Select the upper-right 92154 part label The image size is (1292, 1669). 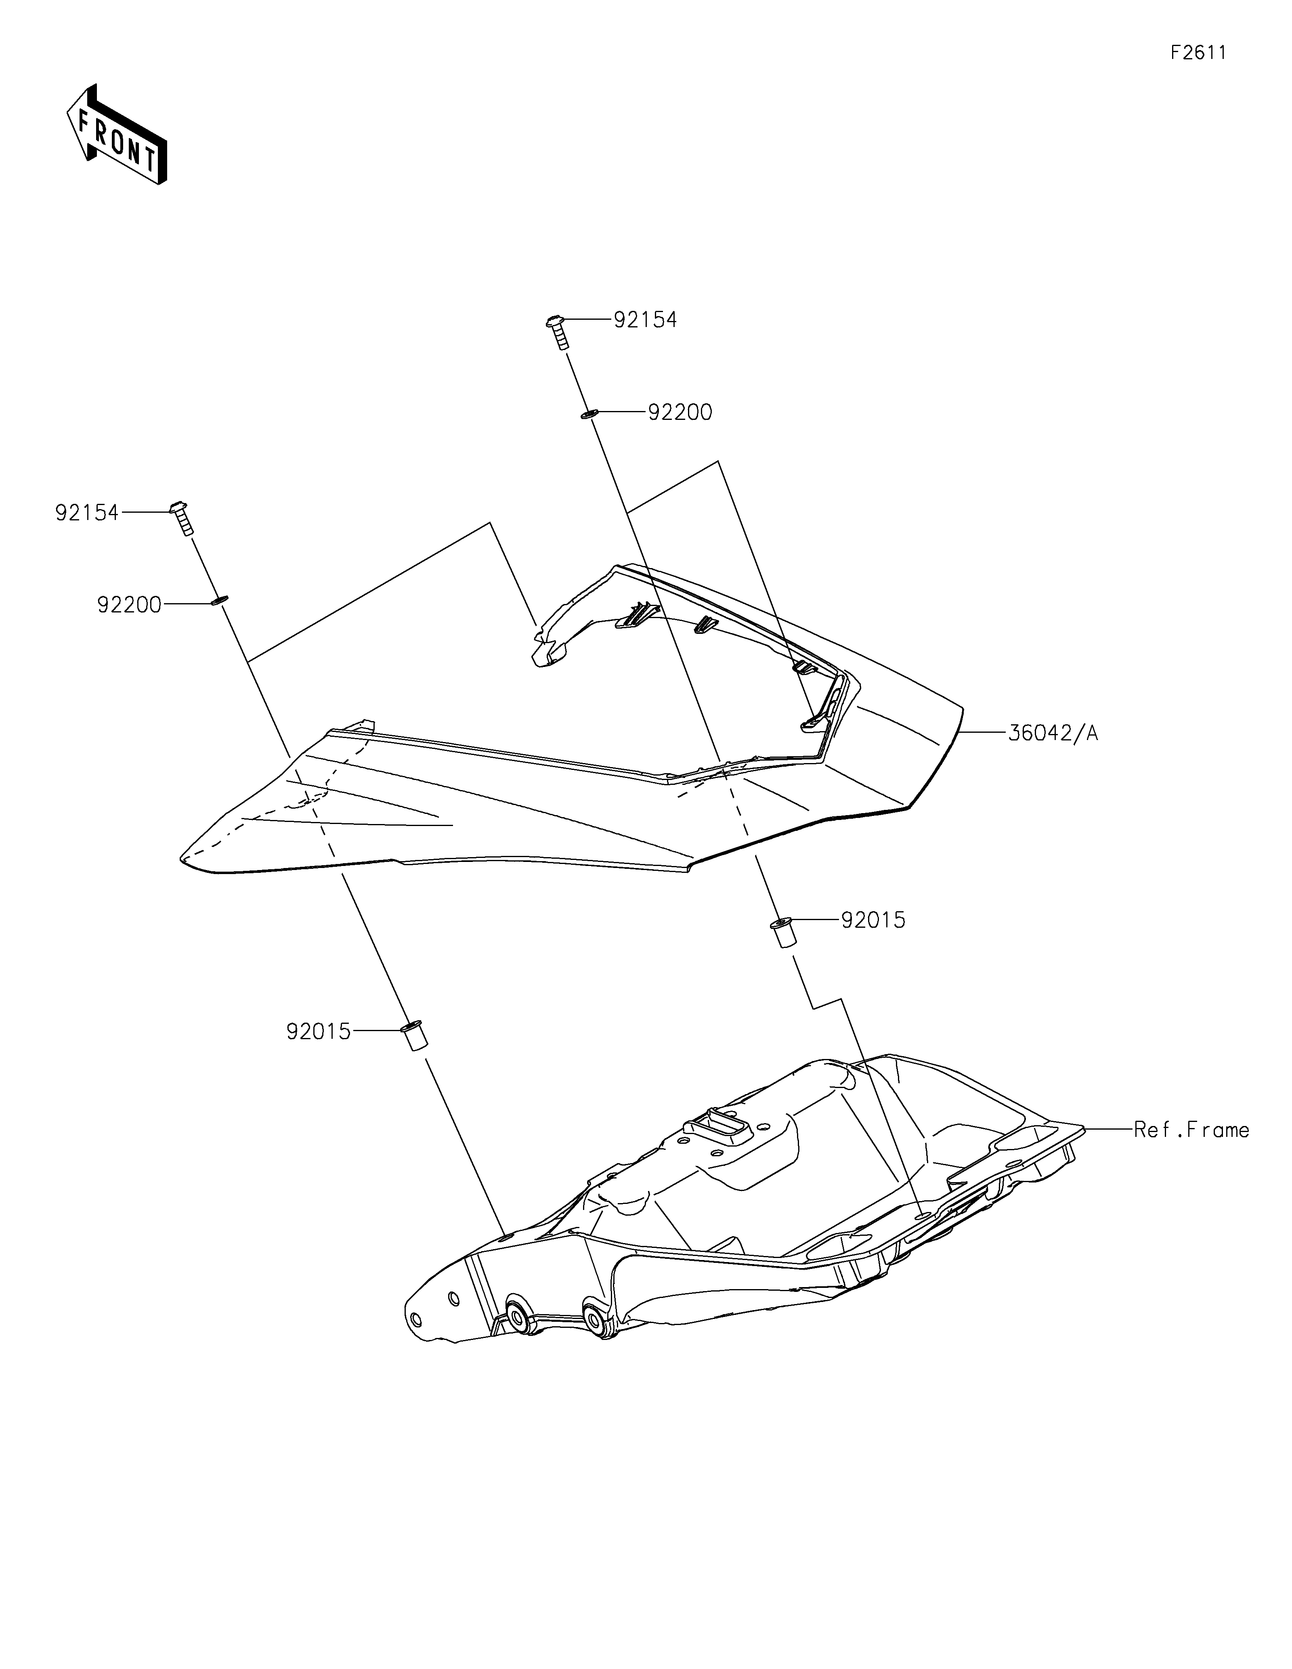646,320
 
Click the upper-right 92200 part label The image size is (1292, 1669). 680,413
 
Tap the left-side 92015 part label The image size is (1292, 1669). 319,1032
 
